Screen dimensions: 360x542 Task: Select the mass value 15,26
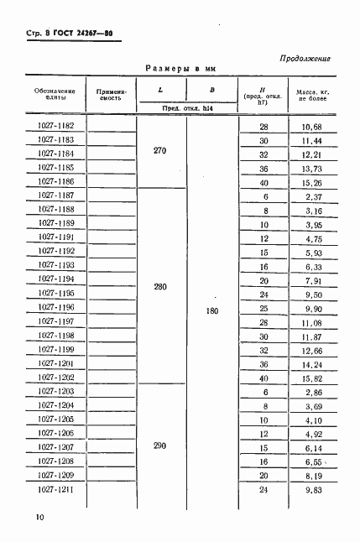pyautogui.click(x=310, y=182)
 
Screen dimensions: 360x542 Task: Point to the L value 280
pyautogui.click(x=160, y=287)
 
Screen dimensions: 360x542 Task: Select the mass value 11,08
pyautogui.click(x=310, y=322)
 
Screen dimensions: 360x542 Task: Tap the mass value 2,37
pyautogui.click(x=310, y=195)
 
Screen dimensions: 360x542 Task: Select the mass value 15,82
pyautogui.click(x=310, y=378)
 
